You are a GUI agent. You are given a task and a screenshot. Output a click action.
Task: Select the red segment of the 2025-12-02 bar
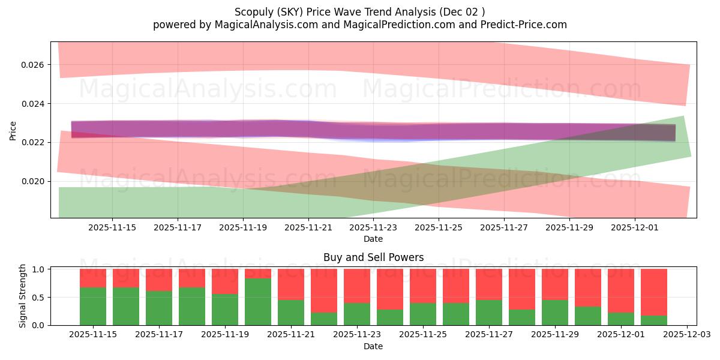click(x=654, y=292)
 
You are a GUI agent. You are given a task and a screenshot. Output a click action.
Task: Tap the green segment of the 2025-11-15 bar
click(x=93, y=306)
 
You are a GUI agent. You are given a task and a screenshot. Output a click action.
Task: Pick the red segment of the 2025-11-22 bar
click(x=324, y=290)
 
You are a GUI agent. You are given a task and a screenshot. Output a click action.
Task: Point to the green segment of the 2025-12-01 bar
click(x=621, y=319)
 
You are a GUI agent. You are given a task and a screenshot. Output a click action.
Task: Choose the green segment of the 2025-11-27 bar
click(x=489, y=312)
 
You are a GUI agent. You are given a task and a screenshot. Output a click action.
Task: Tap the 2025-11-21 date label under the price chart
click(x=308, y=228)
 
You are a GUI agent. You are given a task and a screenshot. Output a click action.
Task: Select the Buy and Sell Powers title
click(x=373, y=257)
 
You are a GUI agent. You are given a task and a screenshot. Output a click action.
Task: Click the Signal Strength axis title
click(x=22, y=296)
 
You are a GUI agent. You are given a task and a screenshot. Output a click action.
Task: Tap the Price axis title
click(x=13, y=130)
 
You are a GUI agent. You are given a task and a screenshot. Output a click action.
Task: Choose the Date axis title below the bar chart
click(x=373, y=346)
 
